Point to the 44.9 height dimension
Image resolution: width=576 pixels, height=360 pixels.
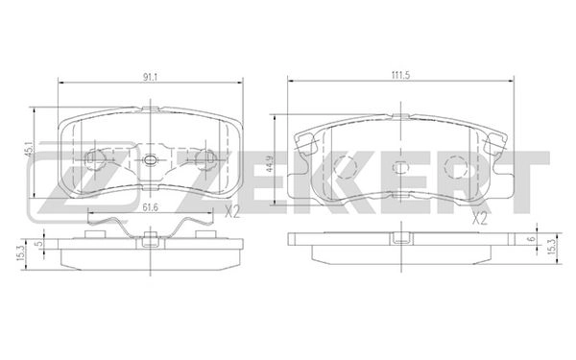(x=272, y=159)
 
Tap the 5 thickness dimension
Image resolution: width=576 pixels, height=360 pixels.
(x=39, y=244)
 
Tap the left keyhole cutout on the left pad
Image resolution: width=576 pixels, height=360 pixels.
(x=96, y=158)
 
